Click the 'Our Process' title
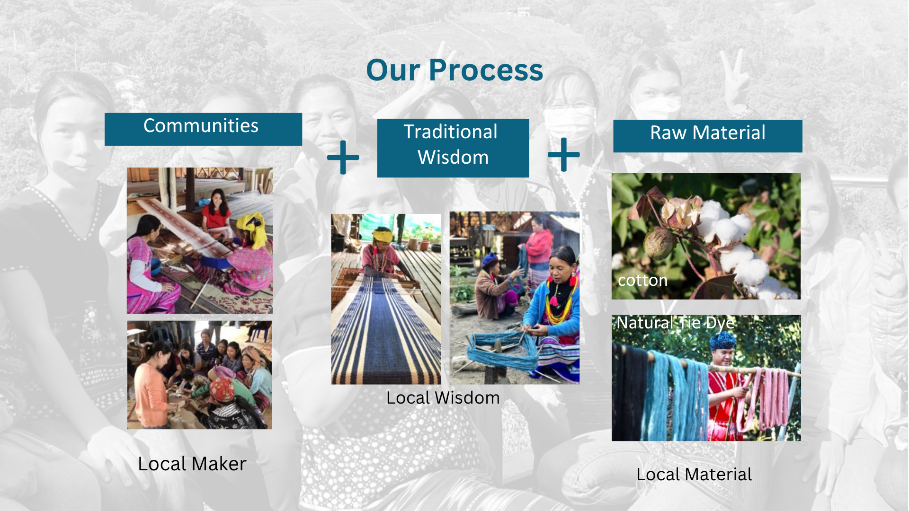[454, 70]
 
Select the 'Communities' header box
[203, 129]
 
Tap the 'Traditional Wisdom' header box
[453, 148]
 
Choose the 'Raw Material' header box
[708, 136]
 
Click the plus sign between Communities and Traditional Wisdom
[343, 157]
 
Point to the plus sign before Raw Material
[563, 155]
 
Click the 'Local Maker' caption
[192, 464]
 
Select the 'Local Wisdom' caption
[443, 398]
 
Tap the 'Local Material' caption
[694, 475]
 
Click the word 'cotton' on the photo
[642, 281]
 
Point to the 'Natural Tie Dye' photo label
[676, 323]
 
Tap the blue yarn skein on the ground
[502, 350]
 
